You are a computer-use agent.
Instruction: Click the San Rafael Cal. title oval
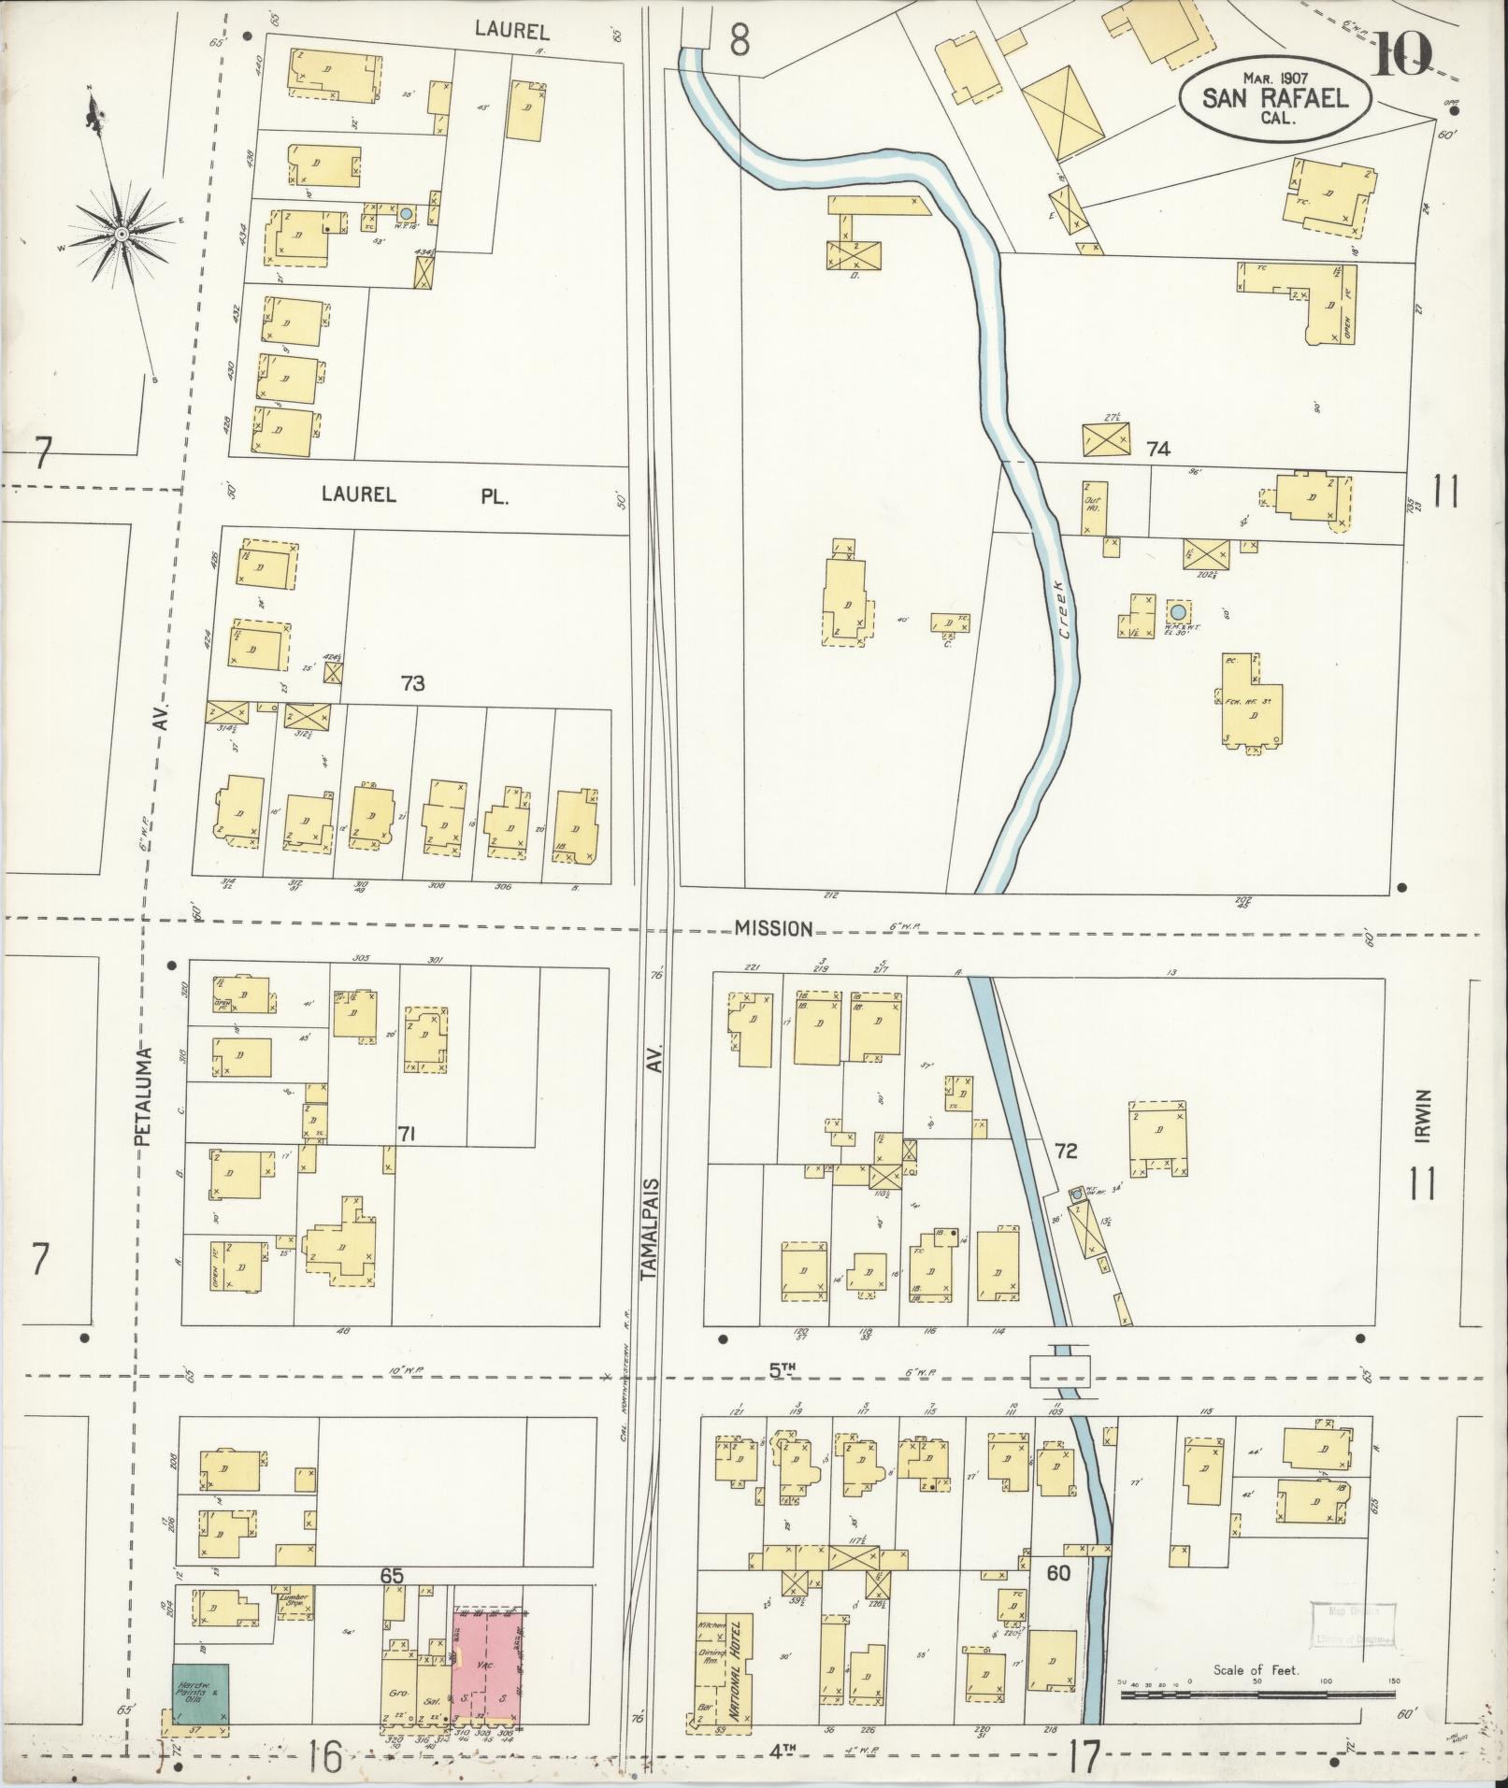tap(1275, 93)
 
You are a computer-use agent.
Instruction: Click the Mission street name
tap(772, 928)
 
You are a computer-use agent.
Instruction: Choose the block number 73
tap(412, 683)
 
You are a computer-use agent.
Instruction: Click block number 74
tap(1157, 449)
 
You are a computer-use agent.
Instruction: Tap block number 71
tap(406, 1135)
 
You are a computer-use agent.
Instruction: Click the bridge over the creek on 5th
tap(1060, 1371)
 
